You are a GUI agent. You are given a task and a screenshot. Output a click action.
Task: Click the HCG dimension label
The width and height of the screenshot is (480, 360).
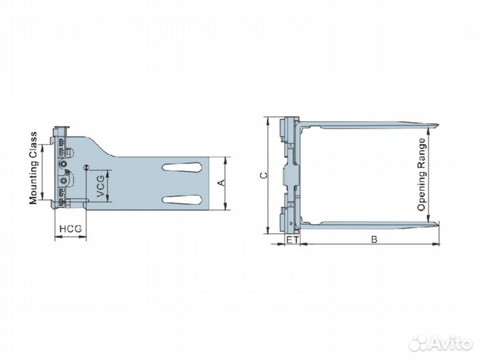(x=69, y=229)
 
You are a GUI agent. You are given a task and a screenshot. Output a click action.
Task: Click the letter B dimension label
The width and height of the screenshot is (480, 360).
(x=374, y=239)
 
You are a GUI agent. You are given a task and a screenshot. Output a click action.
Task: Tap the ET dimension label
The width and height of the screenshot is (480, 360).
(x=291, y=239)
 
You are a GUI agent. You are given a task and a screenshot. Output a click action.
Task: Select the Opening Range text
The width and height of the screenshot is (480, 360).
(x=421, y=175)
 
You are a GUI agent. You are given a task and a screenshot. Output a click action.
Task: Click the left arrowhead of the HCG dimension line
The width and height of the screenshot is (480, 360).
(x=55, y=239)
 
